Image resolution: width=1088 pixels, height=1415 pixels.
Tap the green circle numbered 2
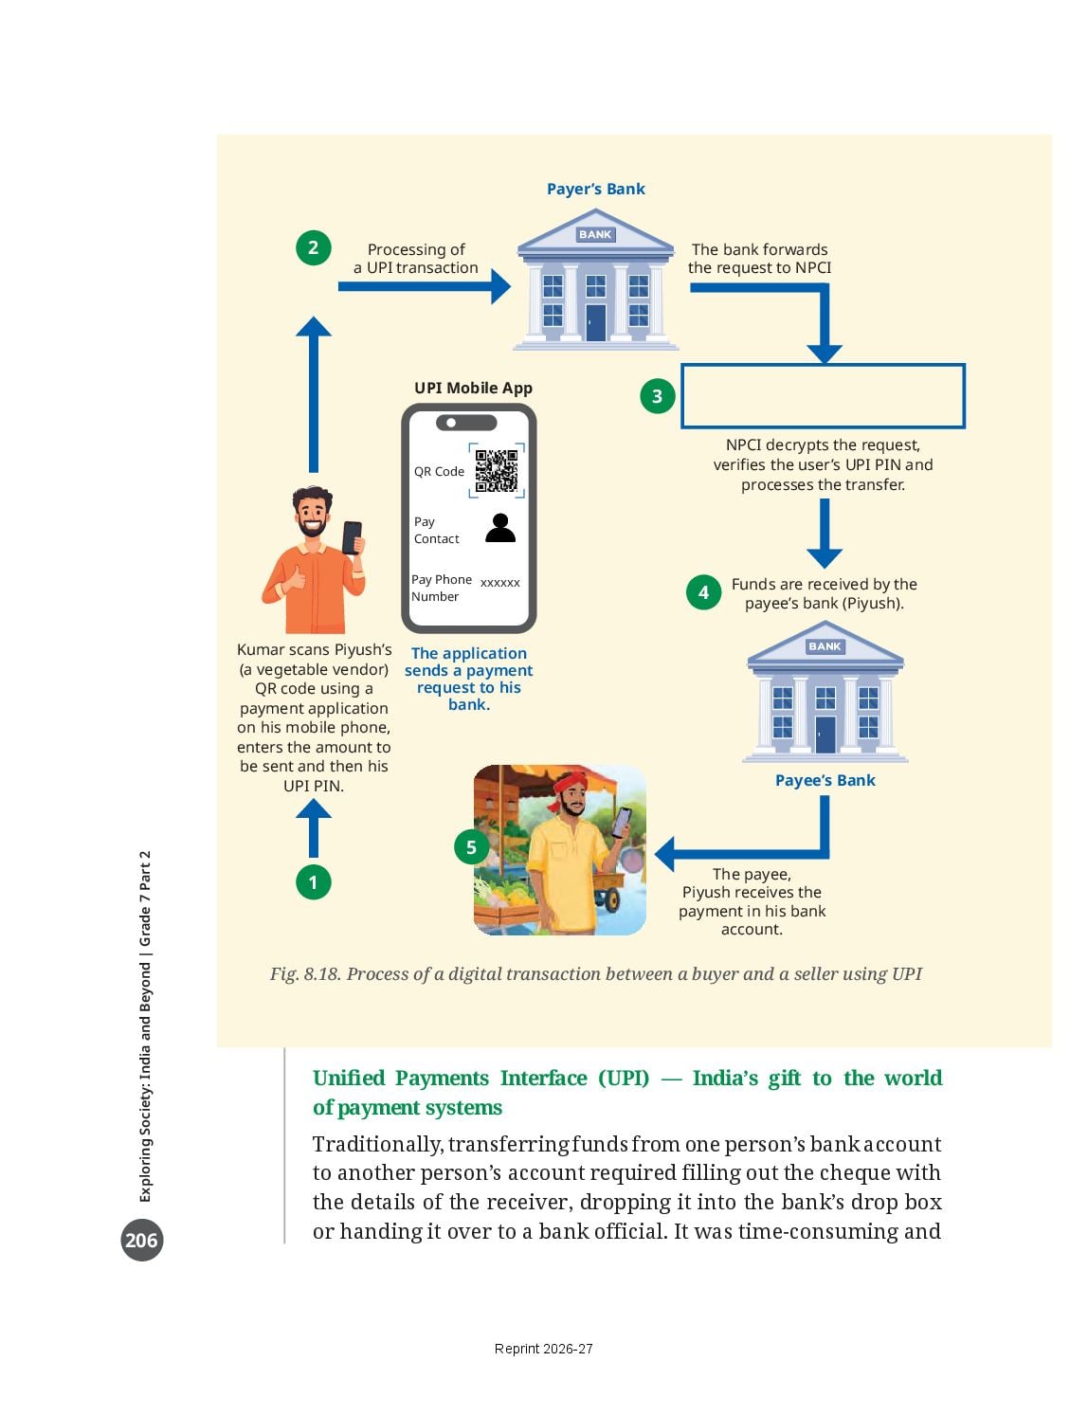[313, 247]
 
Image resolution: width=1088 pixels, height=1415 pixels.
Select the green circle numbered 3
[657, 396]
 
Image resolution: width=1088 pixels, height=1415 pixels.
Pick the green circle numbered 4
[703, 592]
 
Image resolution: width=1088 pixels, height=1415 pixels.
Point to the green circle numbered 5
[471, 846]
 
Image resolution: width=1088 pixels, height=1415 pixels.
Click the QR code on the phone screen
[497, 470]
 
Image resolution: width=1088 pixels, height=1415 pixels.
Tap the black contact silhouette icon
[500, 528]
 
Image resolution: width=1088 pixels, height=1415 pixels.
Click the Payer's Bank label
[595, 189]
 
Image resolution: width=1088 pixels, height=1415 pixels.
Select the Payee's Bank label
[825, 780]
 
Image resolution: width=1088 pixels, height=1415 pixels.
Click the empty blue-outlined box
[823, 365]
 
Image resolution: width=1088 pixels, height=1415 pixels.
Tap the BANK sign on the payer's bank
[595, 234]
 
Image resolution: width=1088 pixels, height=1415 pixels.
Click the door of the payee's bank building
[825, 734]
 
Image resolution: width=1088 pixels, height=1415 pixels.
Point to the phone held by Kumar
[353, 537]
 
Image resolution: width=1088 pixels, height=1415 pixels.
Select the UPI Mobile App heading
[473, 388]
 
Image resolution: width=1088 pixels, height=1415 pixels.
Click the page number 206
[141, 1240]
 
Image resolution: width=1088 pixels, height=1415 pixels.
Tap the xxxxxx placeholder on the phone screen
[500, 583]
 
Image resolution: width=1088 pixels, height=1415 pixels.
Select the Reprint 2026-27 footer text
[544, 1349]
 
